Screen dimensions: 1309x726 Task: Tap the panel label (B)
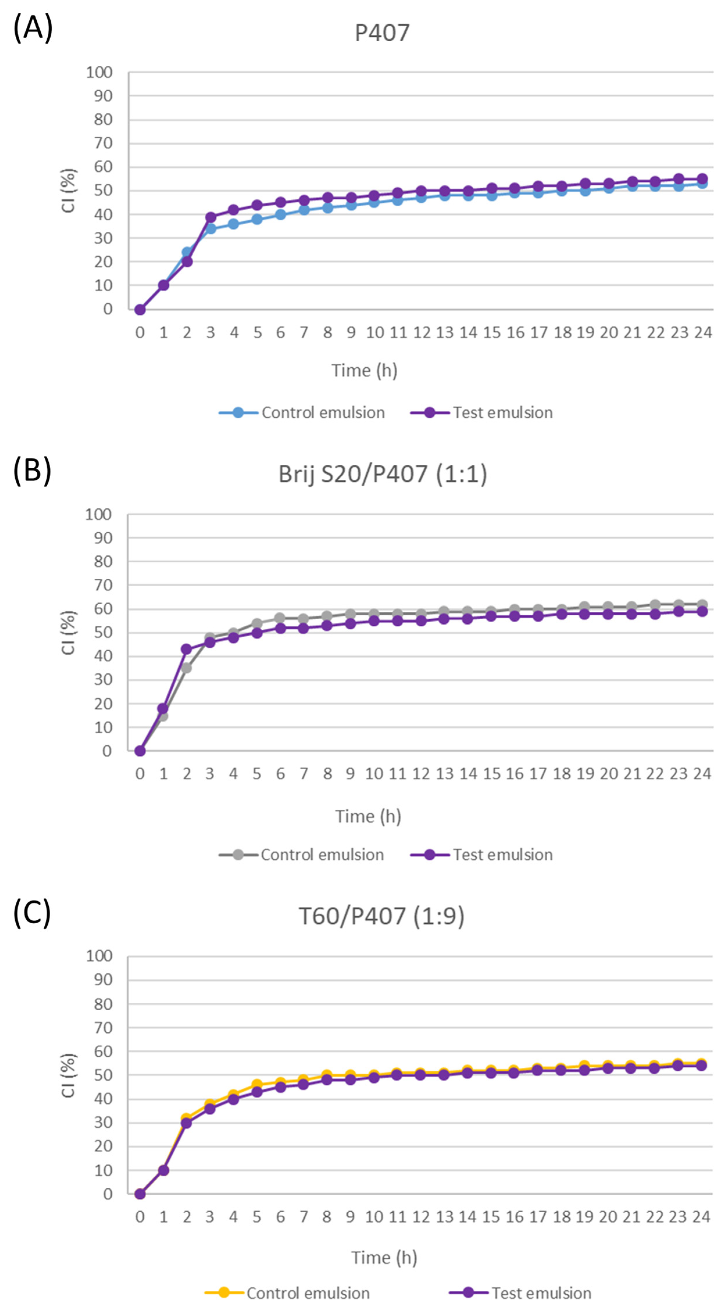(32, 470)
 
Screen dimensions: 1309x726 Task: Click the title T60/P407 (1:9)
(381, 916)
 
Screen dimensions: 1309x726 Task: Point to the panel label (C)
(32, 912)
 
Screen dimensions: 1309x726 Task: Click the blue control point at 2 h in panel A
(187, 252)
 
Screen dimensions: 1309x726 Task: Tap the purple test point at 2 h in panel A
(187, 262)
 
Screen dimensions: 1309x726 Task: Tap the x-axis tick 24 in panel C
(701, 1217)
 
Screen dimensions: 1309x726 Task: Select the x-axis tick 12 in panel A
(421, 333)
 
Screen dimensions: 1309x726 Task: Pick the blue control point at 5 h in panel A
(257, 219)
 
